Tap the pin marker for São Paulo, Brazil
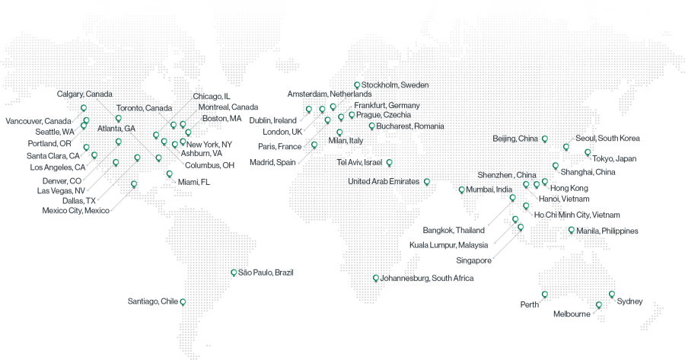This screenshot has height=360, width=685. click(x=234, y=272)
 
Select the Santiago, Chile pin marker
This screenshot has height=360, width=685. click(x=183, y=301)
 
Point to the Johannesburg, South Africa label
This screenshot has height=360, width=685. click(x=427, y=279)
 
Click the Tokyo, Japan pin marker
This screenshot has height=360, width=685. click(x=588, y=152)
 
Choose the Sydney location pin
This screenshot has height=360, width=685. click(x=611, y=294)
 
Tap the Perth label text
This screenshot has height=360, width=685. click(x=530, y=304)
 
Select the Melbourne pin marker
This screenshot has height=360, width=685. click(x=598, y=305)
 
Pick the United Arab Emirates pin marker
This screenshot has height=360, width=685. click(x=426, y=181)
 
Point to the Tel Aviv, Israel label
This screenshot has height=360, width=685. click(x=359, y=162)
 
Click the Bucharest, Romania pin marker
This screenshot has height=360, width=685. click(x=371, y=126)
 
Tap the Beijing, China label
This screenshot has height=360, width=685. click(x=515, y=139)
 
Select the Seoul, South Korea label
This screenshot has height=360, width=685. click(x=607, y=139)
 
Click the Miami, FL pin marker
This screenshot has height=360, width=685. click(x=169, y=174)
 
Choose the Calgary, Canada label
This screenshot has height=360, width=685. click(x=84, y=94)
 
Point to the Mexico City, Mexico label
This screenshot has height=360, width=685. click(x=76, y=211)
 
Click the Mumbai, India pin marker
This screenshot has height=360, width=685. click(x=461, y=190)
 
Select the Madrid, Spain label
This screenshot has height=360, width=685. click(x=272, y=162)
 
